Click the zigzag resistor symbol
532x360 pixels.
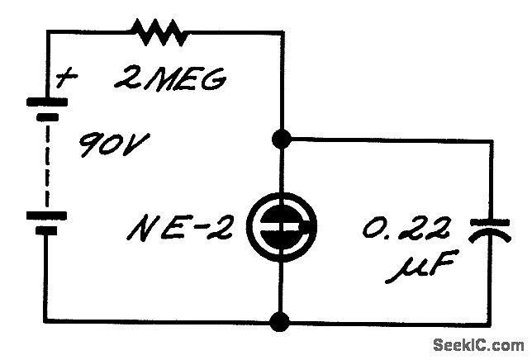158,33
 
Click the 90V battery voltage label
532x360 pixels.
108,147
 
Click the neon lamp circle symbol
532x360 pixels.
282,226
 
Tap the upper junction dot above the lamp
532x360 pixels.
282,136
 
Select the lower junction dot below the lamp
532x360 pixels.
282,320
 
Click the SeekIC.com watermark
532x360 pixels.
482,345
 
